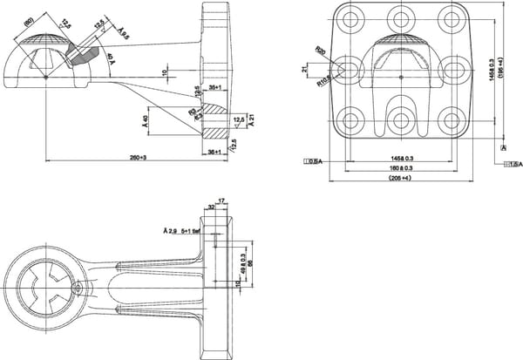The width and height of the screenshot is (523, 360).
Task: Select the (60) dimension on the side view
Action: click(x=29, y=19)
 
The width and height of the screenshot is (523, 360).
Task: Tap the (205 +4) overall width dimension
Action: click(x=401, y=178)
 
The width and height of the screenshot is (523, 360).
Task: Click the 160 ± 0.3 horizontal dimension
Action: click(x=401, y=167)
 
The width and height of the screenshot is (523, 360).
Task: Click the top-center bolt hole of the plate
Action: click(x=401, y=18)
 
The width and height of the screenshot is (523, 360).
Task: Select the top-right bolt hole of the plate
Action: click(x=452, y=18)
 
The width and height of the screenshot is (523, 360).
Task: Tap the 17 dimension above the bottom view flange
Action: click(x=222, y=201)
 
